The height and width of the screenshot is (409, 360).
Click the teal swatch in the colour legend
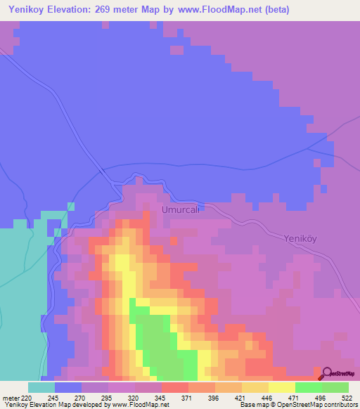click(x=41, y=387)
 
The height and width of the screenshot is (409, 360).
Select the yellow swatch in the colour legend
click(x=282, y=387)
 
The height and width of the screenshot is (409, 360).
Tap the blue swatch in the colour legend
click(x=68, y=387)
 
